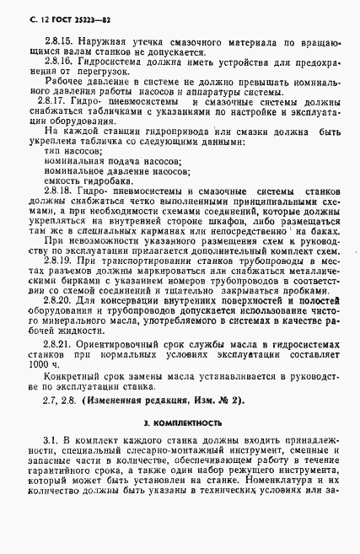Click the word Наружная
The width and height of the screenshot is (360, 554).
coord(104,40)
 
